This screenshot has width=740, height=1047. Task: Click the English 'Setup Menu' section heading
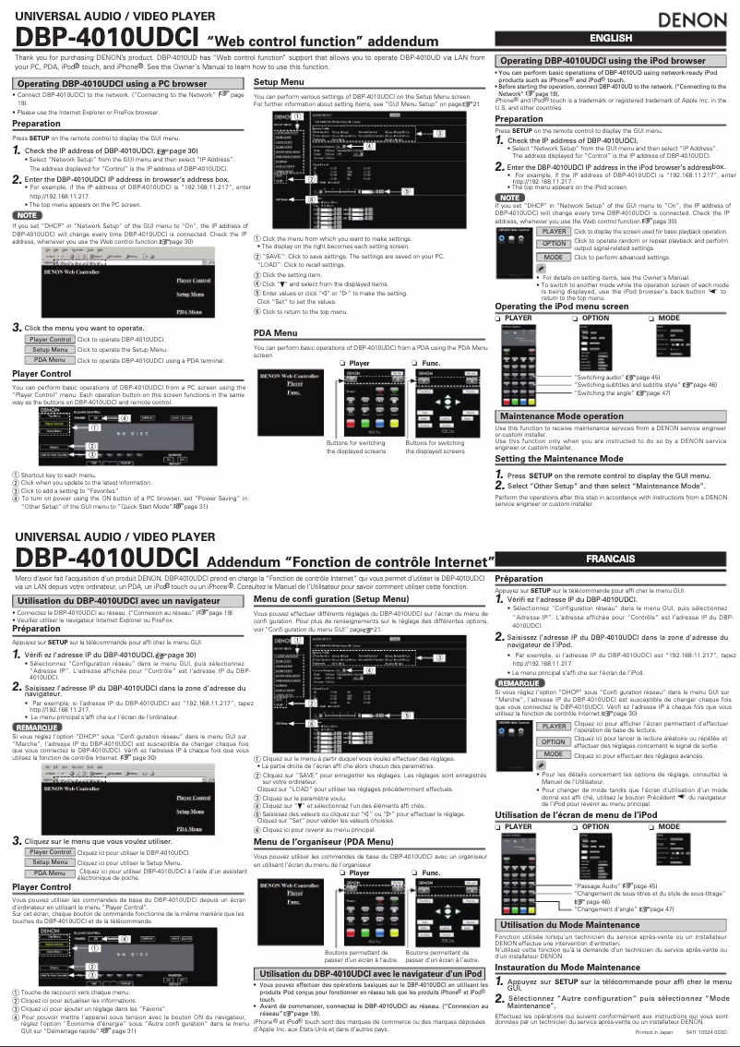click(279, 83)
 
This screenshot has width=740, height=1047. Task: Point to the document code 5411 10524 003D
click(706, 1031)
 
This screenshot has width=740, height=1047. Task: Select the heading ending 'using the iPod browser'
click(614, 61)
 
